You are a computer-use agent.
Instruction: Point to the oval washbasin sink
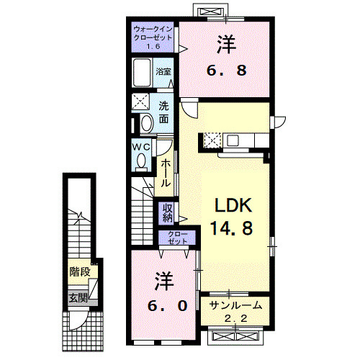146,123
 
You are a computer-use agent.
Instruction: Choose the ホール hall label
165,174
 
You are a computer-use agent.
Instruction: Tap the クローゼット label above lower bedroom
176,238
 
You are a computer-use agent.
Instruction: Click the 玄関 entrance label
78,297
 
